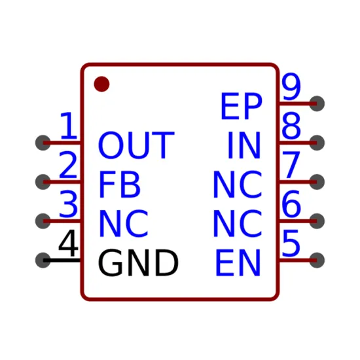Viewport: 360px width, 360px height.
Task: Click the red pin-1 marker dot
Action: [101, 84]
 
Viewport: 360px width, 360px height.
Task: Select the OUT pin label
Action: [136, 145]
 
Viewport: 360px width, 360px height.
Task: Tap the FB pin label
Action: [119, 185]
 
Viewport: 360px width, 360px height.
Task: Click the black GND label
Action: [138, 262]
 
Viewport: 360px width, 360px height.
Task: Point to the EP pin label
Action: [242, 106]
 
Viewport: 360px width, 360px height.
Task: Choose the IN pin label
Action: [244, 145]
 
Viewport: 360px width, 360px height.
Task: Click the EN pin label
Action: [238, 262]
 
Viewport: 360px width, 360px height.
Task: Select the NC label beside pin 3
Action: [124, 223]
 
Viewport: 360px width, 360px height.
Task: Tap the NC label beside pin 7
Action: [238, 185]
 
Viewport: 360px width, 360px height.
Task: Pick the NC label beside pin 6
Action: [238, 223]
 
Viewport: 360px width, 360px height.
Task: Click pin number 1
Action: [69, 126]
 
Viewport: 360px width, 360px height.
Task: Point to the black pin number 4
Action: [69, 243]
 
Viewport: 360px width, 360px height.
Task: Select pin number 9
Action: [291, 86]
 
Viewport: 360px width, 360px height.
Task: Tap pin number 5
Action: [291, 243]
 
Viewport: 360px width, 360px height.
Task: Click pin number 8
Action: [291, 126]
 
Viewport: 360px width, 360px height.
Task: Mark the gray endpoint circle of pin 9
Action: [317, 103]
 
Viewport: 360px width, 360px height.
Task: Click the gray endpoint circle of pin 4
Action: [43, 260]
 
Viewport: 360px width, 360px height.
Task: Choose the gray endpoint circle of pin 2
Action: [43, 182]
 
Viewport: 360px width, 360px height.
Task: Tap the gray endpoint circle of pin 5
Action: [317, 260]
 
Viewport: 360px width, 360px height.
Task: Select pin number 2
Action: [68, 164]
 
